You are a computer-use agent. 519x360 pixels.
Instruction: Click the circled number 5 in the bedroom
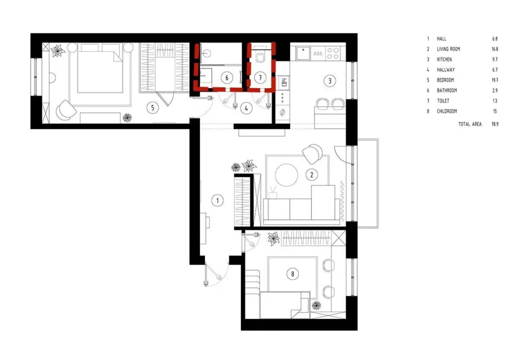(x=153, y=107)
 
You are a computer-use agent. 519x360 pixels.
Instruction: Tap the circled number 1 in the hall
(x=217, y=201)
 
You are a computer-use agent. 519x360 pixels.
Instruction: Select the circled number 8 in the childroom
(x=293, y=274)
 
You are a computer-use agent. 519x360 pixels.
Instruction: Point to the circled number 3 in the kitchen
(x=330, y=81)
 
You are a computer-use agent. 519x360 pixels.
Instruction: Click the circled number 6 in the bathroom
(x=227, y=78)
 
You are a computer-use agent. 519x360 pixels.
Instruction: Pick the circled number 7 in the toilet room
(x=261, y=78)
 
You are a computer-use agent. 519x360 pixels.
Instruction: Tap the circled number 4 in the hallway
(x=246, y=108)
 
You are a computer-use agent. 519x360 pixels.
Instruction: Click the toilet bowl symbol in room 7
(x=261, y=56)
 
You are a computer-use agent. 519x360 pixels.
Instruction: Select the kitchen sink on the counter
(x=303, y=52)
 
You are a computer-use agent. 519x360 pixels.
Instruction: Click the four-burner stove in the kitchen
(x=333, y=53)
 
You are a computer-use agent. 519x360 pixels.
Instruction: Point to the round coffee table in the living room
(x=286, y=175)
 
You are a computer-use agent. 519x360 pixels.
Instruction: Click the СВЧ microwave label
(x=284, y=82)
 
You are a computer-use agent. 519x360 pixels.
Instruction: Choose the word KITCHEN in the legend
(x=444, y=59)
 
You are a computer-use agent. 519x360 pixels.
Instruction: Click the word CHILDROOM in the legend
(x=447, y=111)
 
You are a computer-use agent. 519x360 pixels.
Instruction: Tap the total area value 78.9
(x=495, y=124)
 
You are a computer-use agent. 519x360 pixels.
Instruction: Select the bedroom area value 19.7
(x=495, y=80)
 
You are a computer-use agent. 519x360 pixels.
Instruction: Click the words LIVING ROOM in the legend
(x=448, y=49)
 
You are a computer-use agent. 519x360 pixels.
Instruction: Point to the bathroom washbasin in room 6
(x=207, y=52)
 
